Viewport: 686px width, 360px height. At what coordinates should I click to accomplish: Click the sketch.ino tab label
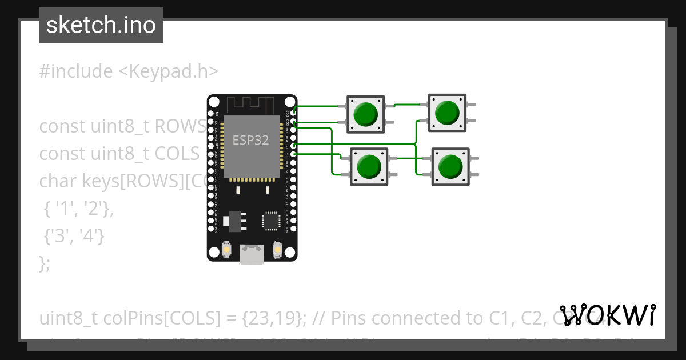[101, 25]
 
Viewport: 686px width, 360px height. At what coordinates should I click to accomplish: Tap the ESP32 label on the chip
[250, 140]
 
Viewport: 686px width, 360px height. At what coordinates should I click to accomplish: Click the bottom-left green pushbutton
[369, 167]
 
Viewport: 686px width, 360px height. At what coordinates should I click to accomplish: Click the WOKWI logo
[607, 315]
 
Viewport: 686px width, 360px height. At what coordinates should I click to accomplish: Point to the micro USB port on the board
[252, 254]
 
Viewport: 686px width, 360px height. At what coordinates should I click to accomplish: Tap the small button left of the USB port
[226, 250]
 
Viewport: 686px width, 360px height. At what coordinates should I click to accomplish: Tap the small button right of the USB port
[277, 250]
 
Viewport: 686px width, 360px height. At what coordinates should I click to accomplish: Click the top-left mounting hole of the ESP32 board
[213, 102]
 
